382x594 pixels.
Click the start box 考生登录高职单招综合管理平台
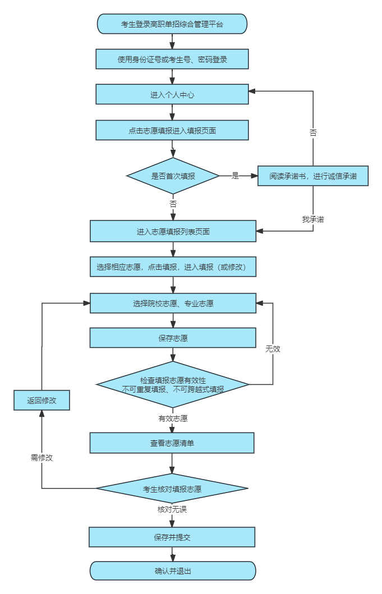tap(172, 24)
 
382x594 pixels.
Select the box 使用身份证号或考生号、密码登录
tap(172, 59)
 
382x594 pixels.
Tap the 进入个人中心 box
tap(172, 95)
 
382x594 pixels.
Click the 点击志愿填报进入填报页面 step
tap(172, 130)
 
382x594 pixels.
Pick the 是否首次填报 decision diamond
tap(173, 176)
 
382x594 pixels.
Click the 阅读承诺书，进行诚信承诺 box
tap(313, 176)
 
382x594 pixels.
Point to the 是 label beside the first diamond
tap(236, 176)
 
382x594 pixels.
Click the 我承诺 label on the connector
tap(313, 219)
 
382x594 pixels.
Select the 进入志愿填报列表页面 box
tap(173, 231)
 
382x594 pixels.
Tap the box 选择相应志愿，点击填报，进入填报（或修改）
tap(173, 267)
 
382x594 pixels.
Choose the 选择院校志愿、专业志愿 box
tap(173, 303)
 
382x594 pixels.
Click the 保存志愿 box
tap(173, 338)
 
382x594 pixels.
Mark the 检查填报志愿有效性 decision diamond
tap(173, 384)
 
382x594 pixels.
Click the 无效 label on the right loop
tap(273, 349)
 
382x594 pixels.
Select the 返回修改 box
tap(42, 400)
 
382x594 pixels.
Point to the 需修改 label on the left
tap(42, 458)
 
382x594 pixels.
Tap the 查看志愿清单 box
tap(172, 443)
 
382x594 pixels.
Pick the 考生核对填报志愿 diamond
tap(172, 489)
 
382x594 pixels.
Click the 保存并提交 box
tap(172, 537)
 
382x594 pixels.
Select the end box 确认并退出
tap(173, 571)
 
